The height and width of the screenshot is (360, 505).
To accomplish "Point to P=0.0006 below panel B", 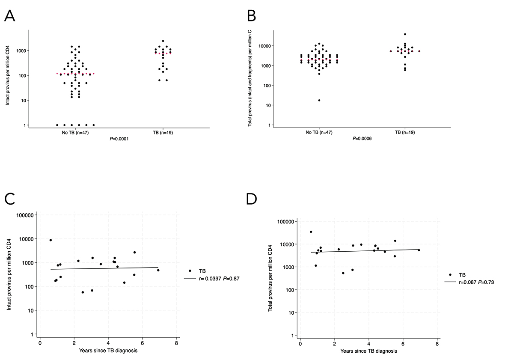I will click(362, 139).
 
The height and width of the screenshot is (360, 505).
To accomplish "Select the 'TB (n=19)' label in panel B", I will click(405, 132).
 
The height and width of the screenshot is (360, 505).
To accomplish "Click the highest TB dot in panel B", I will click(405, 34).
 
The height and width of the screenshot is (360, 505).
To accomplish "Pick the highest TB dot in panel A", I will click(163, 41).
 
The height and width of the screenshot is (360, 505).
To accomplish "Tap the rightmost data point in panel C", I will click(158, 270).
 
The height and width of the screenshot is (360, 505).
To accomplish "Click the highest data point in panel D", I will click(311, 232).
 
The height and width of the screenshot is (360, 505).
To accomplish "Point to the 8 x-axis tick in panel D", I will click(437, 344).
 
